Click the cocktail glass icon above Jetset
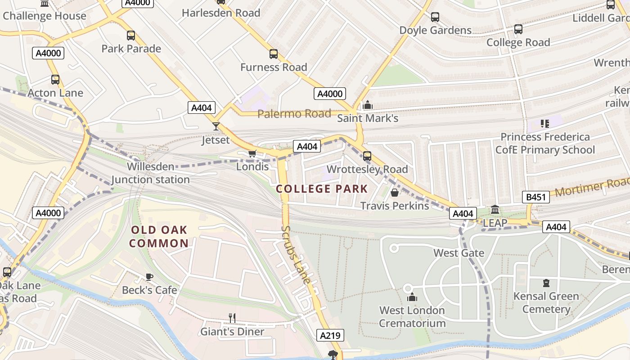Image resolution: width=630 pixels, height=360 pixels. pos(216,126)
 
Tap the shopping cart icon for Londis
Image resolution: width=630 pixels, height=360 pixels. pos(252,154)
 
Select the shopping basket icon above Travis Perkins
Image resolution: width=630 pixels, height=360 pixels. pos(395,193)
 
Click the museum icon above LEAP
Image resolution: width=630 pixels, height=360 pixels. pos(495,210)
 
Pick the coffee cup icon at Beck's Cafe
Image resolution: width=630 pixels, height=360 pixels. pos(149,277)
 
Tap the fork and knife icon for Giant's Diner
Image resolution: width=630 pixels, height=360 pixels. pos(232,318)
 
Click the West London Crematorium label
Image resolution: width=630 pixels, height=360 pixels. pos(412,317)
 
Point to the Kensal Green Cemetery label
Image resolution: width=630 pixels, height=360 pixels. pos(546,302)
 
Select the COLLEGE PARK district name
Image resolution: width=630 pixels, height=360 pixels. pos(322,189)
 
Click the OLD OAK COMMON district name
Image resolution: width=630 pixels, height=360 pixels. pos(160,237)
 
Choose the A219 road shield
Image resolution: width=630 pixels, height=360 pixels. pos(331,335)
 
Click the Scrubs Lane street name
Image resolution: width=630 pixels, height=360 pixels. pos(296,254)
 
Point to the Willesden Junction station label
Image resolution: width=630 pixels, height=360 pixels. pos(150,173)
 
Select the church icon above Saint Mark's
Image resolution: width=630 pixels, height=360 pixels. pos(368,105)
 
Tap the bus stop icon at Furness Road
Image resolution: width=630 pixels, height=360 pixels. pos(274,54)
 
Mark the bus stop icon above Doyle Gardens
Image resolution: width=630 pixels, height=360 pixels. pos(435,17)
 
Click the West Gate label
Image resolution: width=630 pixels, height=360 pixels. pos(459,253)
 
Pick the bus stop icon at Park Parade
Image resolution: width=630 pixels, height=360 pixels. pos(131,36)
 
